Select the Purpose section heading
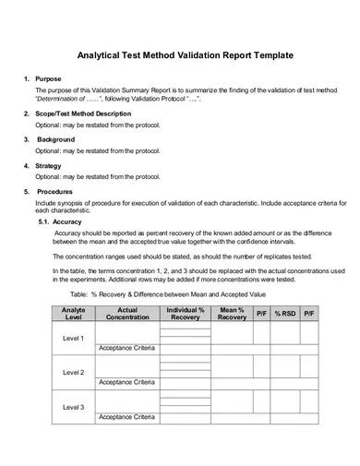pyautogui.click(x=49, y=79)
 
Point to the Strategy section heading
pyautogui.click(x=50, y=165)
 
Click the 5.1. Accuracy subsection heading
pyautogui.click(x=63, y=222)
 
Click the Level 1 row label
pyautogui.click(x=73, y=338)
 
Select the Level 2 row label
pyautogui.click(x=73, y=372)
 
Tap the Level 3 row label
pyautogui.click(x=73, y=407)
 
